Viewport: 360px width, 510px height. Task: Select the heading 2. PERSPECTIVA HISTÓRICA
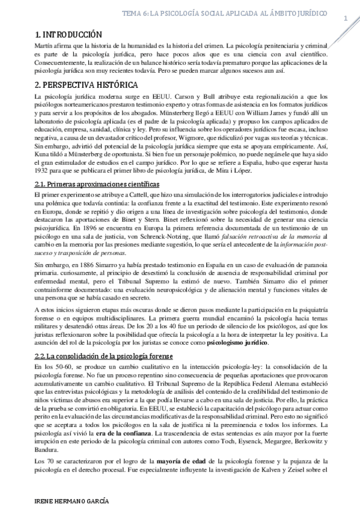[88, 85]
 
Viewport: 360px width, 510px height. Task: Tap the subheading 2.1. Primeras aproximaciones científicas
[97, 183]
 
